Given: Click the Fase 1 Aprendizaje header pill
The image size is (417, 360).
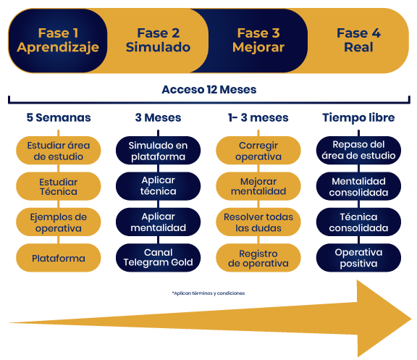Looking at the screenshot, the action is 58,41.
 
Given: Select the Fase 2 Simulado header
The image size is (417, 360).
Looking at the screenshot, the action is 158,41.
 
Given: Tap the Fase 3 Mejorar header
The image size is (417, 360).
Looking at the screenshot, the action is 258,41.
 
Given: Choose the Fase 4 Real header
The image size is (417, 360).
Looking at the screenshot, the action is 358,41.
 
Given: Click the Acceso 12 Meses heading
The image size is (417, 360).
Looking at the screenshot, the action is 209,90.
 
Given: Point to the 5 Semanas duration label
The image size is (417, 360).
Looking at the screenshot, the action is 59,117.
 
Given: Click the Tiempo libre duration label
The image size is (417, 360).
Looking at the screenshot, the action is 358,117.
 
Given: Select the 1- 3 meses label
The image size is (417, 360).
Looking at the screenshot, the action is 258,117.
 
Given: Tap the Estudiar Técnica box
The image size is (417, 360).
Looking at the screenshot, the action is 59,186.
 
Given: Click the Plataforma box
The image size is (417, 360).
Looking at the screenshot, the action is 59,258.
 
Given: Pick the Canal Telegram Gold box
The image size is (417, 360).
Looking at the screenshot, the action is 159,258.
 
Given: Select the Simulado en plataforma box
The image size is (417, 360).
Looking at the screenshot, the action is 159,151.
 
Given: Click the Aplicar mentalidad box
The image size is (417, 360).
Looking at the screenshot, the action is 159,222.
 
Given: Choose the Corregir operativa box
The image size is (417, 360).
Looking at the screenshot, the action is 258,151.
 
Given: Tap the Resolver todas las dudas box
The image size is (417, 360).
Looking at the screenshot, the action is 258,222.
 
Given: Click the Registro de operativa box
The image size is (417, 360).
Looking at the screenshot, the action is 258,258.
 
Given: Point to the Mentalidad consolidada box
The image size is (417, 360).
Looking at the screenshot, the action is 358,186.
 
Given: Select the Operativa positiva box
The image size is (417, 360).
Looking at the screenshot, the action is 358,258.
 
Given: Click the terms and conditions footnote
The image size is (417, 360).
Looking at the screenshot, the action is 208,293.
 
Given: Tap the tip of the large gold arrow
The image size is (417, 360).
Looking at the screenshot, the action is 411,319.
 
